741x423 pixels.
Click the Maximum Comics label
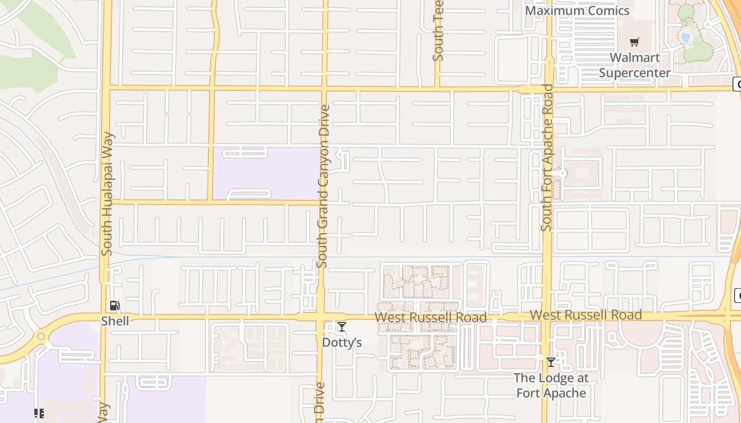coord(577,11)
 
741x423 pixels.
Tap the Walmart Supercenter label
coord(635,65)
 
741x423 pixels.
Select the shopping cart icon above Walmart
coord(634,42)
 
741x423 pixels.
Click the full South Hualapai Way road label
coord(107,194)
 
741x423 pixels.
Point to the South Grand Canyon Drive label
coord(324,186)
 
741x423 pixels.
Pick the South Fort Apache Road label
coord(547,158)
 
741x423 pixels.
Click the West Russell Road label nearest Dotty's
coord(430,317)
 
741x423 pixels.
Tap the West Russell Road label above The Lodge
coord(585,315)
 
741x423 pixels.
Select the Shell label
coord(115,321)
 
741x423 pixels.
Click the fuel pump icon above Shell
coord(114,306)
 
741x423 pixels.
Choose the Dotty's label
coord(342,343)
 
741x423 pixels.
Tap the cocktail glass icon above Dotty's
coord(342,327)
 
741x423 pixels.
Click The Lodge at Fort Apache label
coord(551,385)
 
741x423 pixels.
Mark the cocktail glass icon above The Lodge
coord(551,362)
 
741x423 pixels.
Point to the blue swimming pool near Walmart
coord(686,37)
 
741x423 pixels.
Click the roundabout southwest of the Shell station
coord(41,336)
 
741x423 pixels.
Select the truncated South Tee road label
coord(438,31)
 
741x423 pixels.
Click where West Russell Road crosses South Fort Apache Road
coord(546,317)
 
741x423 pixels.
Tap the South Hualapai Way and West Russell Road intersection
coord(104,317)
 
